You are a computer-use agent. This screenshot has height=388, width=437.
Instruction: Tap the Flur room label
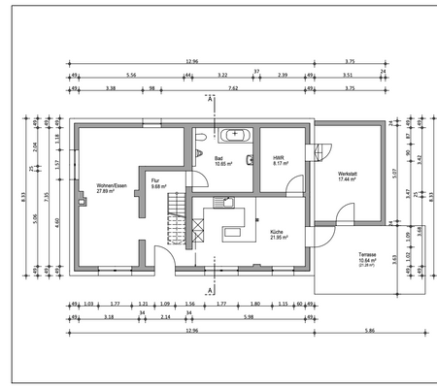point(154,180)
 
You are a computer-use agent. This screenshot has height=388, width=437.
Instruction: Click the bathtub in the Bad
point(236,136)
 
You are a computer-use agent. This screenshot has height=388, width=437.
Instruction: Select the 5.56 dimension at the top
point(130,74)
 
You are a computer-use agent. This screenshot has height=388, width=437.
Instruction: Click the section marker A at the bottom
point(209,288)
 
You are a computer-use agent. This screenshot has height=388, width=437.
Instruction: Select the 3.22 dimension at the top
point(222,74)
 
